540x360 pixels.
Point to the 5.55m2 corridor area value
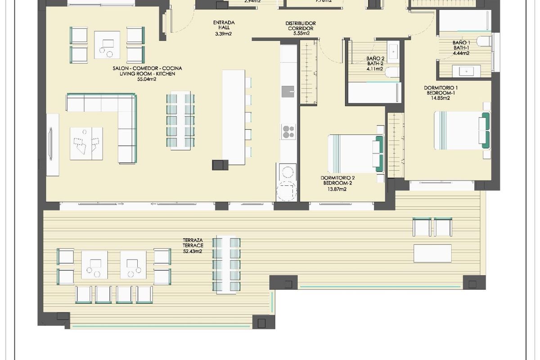300,33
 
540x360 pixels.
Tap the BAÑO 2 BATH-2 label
374,61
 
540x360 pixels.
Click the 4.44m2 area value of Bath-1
461,53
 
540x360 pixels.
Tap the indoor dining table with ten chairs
180,121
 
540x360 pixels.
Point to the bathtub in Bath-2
374,92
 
